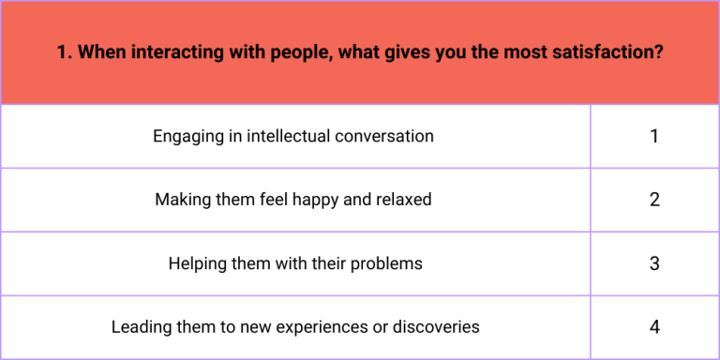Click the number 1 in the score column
coord(654,136)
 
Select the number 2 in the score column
coord(654,200)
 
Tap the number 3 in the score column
coord(654,263)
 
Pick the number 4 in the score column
coord(654,327)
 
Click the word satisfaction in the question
coord(615,52)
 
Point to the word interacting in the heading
coord(168,52)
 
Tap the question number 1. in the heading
coord(64,52)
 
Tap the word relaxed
coord(405,200)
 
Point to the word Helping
coord(197,263)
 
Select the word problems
coord(388,263)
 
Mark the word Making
coord(184,201)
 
